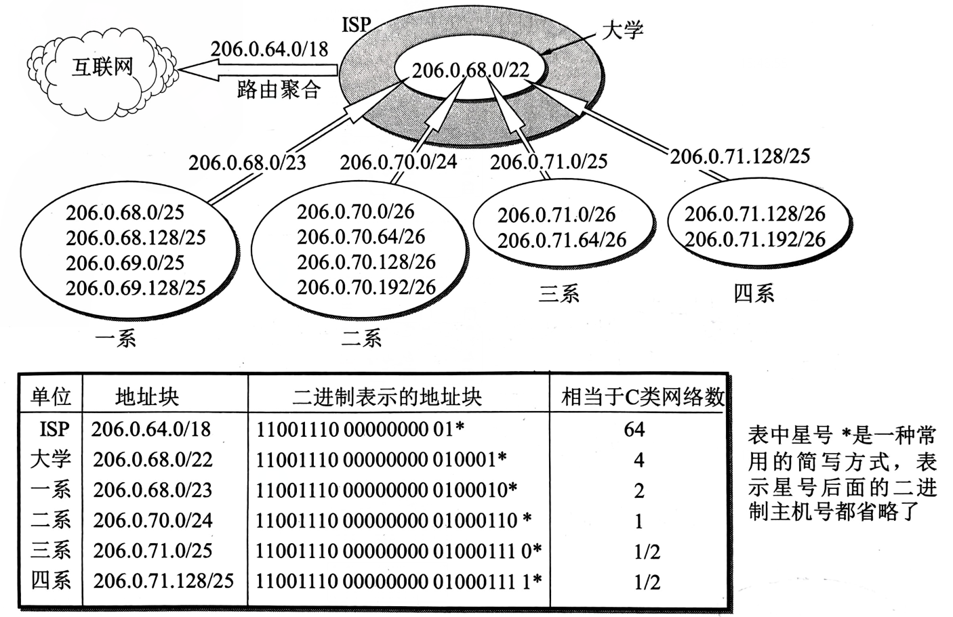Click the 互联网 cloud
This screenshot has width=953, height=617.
click(102, 68)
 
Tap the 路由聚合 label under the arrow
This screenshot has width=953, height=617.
click(279, 89)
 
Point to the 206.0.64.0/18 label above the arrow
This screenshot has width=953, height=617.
click(269, 49)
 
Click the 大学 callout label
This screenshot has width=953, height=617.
click(622, 30)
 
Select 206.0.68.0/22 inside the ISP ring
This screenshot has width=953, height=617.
click(470, 70)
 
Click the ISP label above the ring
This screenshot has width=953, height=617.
click(357, 26)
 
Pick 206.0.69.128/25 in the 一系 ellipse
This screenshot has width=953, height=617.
click(136, 288)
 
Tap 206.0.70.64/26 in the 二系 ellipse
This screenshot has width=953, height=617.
click(361, 237)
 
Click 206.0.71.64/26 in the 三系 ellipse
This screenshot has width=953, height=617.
click(562, 240)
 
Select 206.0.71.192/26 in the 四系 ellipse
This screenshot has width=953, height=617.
click(754, 239)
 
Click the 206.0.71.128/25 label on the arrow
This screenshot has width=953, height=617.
click(739, 156)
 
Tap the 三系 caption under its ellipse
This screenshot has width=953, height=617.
click(559, 294)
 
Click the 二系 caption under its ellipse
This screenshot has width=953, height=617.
click(361, 337)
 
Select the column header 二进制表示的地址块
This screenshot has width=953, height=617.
click(387, 396)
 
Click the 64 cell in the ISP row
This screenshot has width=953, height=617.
click(635, 429)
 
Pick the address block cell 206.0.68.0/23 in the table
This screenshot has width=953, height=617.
click(153, 490)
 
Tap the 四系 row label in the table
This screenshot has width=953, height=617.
click(51, 580)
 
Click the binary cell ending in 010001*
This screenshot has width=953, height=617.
click(381, 460)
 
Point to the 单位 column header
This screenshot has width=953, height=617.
click(51, 396)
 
